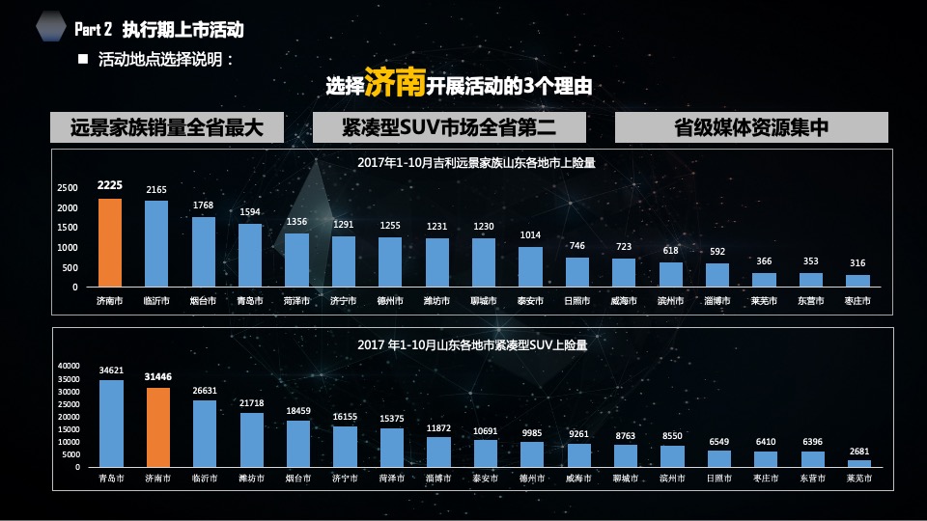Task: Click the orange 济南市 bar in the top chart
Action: (x=109, y=243)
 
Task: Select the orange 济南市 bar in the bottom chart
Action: (x=157, y=427)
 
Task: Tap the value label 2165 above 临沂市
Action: (x=156, y=190)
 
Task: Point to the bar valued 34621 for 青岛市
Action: (x=111, y=424)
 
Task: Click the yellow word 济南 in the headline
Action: (x=395, y=85)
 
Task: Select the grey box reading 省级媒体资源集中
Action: (x=751, y=127)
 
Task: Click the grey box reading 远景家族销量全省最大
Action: (x=167, y=127)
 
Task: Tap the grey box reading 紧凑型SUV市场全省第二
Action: (x=449, y=127)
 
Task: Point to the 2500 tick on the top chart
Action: (x=68, y=187)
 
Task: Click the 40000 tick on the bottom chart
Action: (x=69, y=366)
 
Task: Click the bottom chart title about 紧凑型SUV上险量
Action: (x=472, y=343)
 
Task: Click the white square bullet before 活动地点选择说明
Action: (x=82, y=59)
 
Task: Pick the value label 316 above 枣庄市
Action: (x=857, y=263)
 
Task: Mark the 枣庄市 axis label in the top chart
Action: (x=857, y=301)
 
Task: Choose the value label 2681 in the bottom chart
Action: (x=858, y=451)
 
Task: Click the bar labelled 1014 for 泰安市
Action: (x=530, y=267)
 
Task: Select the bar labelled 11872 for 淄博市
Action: (x=438, y=452)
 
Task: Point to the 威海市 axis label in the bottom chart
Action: (x=578, y=478)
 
